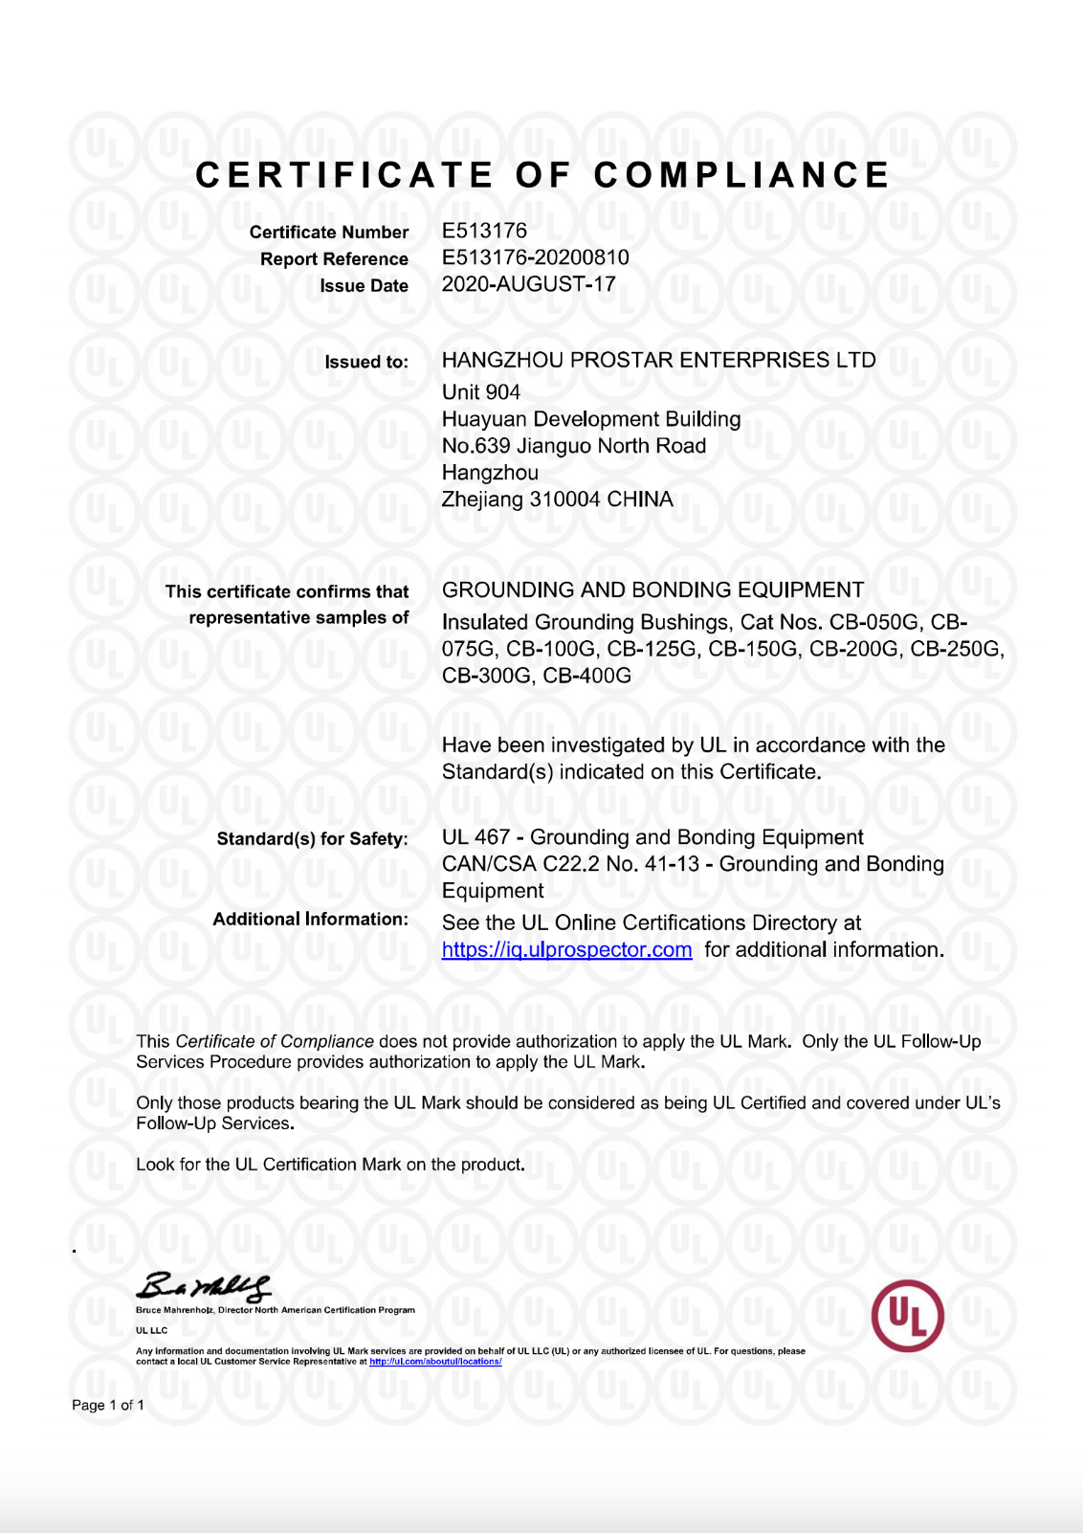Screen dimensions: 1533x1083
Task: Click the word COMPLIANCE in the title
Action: [x=741, y=175]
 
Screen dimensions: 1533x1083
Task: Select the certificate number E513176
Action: [x=484, y=231]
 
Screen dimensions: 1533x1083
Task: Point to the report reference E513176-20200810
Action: [x=535, y=257]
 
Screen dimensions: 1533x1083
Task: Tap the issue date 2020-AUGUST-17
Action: [x=528, y=284]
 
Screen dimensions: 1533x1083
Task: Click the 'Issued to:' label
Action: [x=365, y=362]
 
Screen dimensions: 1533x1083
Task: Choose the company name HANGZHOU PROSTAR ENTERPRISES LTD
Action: [x=658, y=360]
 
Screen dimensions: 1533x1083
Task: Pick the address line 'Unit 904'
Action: [x=480, y=392]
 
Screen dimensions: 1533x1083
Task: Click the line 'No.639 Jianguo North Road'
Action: [x=573, y=446]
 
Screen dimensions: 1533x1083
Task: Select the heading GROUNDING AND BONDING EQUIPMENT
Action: [x=652, y=589]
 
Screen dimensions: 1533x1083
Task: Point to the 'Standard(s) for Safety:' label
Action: [x=312, y=839]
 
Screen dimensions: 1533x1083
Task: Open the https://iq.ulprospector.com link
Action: [x=566, y=950]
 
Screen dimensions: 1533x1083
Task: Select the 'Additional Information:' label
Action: [x=310, y=920]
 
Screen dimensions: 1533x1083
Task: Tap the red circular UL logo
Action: [x=907, y=1316]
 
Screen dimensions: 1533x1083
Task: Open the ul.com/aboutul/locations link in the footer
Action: [x=435, y=1362]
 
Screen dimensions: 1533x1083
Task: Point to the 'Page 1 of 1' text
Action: [x=108, y=1405]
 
